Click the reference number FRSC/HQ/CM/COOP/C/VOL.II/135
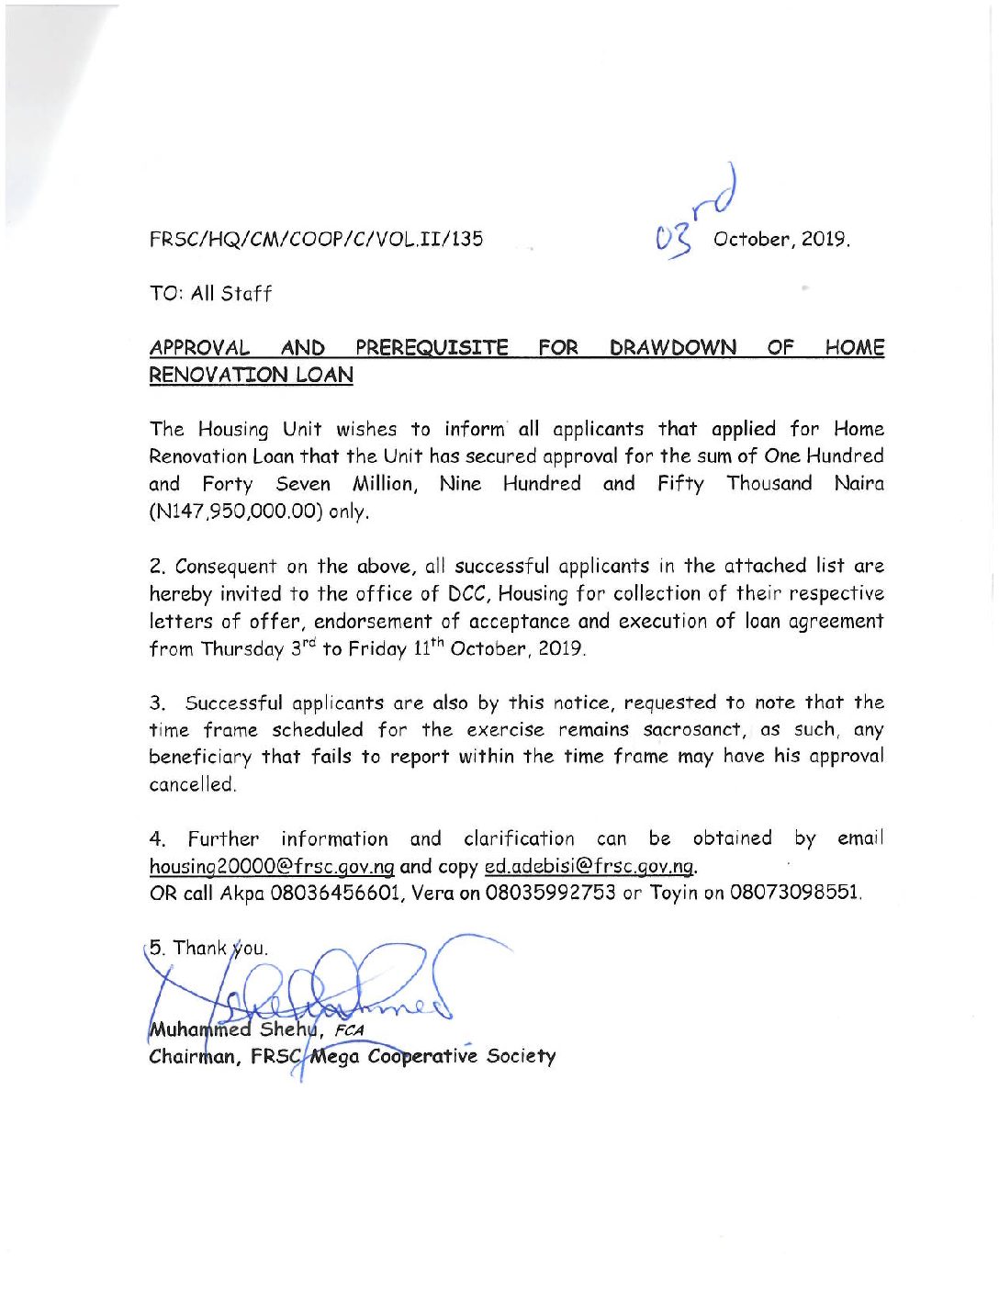[x=316, y=240]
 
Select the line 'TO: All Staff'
[x=210, y=294]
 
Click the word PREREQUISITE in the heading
[x=432, y=348]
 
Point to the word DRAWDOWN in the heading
[x=672, y=348]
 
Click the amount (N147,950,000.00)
[x=236, y=512]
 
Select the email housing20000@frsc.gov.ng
[x=272, y=866]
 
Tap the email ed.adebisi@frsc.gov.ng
[x=589, y=866]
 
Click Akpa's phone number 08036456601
[x=335, y=893]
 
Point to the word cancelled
[x=193, y=784]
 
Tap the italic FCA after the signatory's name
[x=349, y=1030]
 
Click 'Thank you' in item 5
[x=220, y=948]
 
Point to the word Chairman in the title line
[x=192, y=1056]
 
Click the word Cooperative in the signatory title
[x=422, y=1056]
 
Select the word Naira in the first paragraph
[x=859, y=484]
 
